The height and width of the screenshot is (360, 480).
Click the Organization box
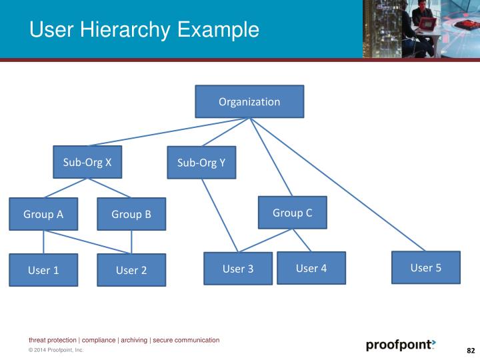(x=249, y=101)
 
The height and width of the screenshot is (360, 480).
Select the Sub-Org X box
(x=87, y=162)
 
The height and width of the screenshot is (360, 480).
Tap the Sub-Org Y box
(x=201, y=163)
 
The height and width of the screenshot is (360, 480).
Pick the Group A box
(x=43, y=214)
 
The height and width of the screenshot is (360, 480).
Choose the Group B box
(x=131, y=214)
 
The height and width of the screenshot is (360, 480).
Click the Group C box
(x=292, y=213)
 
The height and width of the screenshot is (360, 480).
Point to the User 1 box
(x=43, y=270)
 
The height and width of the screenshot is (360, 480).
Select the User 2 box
(x=131, y=270)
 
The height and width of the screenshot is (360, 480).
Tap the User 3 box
(x=237, y=269)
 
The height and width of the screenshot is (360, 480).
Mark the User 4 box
(x=311, y=268)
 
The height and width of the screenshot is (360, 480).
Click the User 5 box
(x=425, y=267)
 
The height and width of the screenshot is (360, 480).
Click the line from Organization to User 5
(x=337, y=184)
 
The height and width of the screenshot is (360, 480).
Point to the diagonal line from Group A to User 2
(x=87, y=242)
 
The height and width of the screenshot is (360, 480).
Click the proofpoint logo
(x=400, y=345)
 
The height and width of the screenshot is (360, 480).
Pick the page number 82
(x=470, y=351)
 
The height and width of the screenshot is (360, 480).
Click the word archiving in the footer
(x=134, y=340)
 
